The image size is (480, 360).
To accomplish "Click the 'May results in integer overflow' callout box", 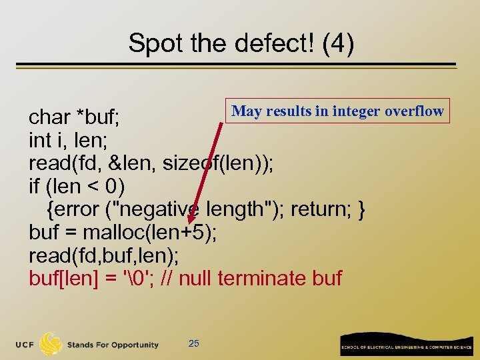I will tap(337, 111).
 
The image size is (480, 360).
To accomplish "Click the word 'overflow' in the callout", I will tap(414, 111).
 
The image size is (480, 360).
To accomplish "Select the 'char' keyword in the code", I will tap(49, 117).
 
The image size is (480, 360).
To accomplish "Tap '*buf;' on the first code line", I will tap(98, 117).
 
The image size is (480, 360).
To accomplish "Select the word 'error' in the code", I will tap(79, 209).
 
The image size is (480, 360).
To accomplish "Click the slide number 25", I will tap(194, 343).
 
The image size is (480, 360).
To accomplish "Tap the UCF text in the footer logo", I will tap(26, 345).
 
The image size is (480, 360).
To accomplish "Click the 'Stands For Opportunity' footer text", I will tap(112, 345).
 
